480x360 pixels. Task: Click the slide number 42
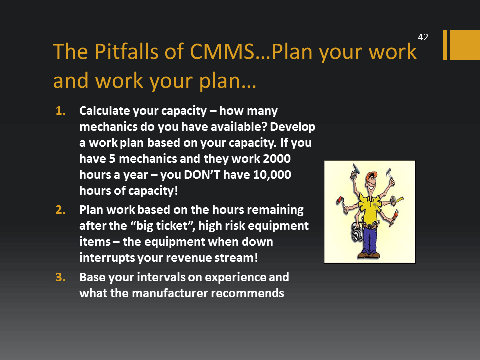[x=423, y=37]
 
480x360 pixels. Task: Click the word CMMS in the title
[x=222, y=51]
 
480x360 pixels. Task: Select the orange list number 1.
[x=60, y=111]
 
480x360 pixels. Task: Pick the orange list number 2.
[x=60, y=210]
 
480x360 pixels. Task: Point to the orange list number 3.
[x=60, y=277]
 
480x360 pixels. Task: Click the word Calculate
[x=104, y=111]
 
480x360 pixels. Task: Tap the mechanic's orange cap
[x=371, y=176]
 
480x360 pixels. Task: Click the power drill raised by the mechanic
[x=355, y=171]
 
